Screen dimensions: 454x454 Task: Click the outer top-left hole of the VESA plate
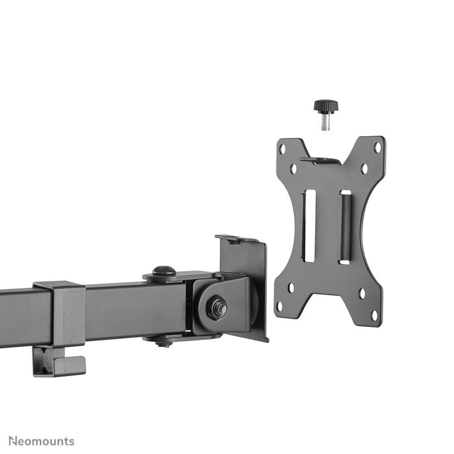(282, 149)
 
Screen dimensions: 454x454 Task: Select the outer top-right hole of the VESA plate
(377, 147)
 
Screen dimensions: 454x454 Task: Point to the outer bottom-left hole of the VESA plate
(280, 305)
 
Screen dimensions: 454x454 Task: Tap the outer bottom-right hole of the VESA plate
(374, 315)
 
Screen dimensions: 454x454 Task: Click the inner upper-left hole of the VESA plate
(293, 169)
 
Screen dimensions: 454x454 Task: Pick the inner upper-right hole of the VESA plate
(364, 169)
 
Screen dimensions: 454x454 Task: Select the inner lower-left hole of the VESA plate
(291, 287)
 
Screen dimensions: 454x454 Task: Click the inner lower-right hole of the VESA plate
(361, 294)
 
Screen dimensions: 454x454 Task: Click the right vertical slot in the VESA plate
(345, 227)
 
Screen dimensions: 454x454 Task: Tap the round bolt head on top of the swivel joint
(163, 271)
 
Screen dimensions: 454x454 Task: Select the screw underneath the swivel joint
(163, 342)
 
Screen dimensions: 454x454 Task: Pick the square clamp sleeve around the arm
(62, 314)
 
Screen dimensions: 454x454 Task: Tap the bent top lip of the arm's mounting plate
(237, 239)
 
